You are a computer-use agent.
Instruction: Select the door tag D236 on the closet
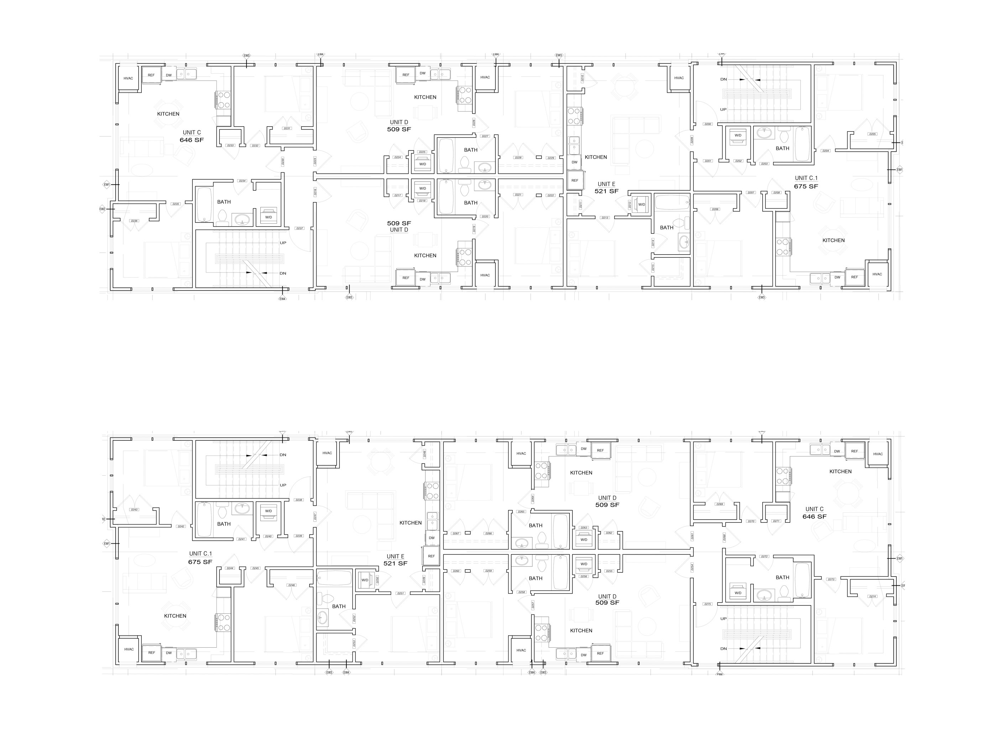(x=135, y=221)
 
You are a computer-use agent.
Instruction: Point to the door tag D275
(x=708, y=604)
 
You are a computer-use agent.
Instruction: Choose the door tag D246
(x=291, y=585)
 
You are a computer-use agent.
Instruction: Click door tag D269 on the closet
(x=720, y=504)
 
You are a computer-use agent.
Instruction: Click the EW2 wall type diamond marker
(x=103, y=209)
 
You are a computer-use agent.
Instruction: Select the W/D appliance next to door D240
(x=268, y=512)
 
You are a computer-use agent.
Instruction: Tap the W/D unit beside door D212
(x=641, y=204)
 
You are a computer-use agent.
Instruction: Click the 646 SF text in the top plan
(x=192, y=140)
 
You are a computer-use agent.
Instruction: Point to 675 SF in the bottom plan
(x=200, y=562)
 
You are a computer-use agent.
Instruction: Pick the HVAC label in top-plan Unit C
(x=128, y=78)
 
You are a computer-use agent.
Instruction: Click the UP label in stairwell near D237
(x=283, y=243)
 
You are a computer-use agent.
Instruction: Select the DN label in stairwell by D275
(x=724, y=649)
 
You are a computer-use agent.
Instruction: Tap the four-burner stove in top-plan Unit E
(x=574, y=115)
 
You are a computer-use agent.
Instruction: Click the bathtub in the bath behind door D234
(x=204, y=204)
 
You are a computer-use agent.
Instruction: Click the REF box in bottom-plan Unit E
(x=431, y=556)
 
